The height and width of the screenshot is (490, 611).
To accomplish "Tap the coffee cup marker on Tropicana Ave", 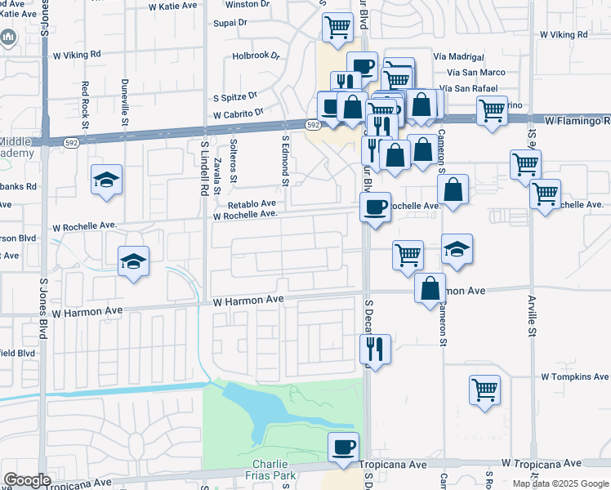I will [x=343, y=447].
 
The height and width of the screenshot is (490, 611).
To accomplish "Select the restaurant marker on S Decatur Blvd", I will [x=376, y=349].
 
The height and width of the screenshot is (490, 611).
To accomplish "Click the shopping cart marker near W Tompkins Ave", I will [x=485, y=389].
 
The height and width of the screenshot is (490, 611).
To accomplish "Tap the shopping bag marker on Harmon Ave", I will [x=430, y=288].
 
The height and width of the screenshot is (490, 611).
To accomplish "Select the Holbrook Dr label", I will [x=256, y=57].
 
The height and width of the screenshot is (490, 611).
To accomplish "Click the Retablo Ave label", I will [x=252, y=204].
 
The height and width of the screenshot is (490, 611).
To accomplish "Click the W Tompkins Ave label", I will [x=574, y=377].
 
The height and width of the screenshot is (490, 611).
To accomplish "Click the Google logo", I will [x=27, y=480].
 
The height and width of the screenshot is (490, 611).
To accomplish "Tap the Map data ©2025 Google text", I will [x=560, y=483].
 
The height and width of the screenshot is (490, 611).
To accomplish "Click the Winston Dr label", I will [x=247, y=5].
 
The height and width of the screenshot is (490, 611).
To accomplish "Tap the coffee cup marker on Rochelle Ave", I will [x=375, y=207].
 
